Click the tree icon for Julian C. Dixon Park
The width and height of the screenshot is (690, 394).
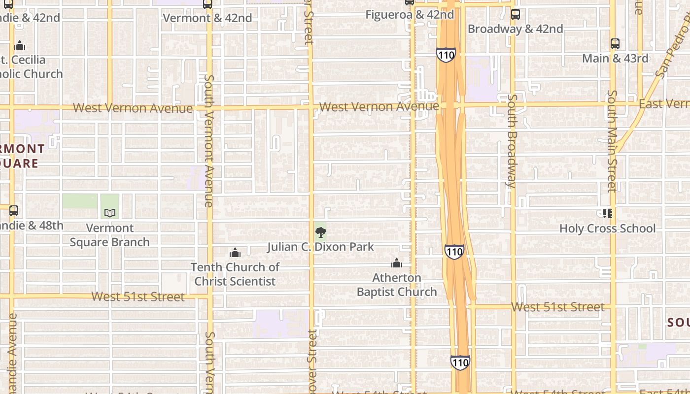[x=321, y=232]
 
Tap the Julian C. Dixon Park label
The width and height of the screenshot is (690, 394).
[x=321, y=247]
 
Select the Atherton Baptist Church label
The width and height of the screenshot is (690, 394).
[x=397, y=285]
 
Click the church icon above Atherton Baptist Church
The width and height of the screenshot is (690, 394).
[x=397, y=263]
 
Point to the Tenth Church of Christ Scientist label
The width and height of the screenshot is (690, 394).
[x=235, y=274]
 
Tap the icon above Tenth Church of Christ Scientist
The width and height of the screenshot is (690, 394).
[x=235, y=253]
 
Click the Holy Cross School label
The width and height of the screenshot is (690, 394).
[x=607, y=229]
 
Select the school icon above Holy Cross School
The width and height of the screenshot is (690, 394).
[x=607, y=213]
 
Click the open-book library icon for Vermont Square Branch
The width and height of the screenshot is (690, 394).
[x=110, y=213]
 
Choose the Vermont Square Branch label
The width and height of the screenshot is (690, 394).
[x=109, y=235]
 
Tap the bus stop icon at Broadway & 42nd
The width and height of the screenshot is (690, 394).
[x=515, y=14]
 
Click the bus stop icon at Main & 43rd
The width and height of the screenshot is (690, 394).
[x=615, y=43]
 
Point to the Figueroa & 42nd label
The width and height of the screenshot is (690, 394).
[x=410, y=15]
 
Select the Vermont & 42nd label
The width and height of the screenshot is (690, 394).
[x=207, y=18]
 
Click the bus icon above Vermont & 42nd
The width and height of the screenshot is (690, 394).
[x=207, y=4]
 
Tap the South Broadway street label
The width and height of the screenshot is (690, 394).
[x=512, y=141]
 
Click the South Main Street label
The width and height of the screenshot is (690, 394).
[x=612, y=141]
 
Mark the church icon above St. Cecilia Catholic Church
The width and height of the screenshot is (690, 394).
[x=20, y=45]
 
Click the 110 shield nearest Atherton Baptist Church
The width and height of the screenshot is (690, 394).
[x=454, y=252]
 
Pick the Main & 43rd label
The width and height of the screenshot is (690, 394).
[x=615, y=59]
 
